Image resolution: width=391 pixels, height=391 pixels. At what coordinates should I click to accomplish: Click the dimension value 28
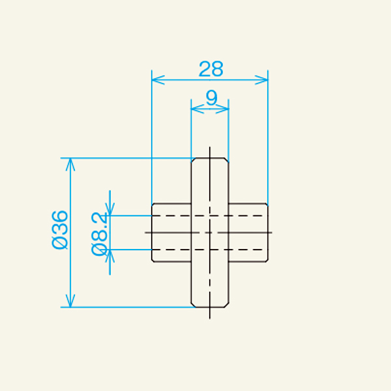(x=210, y=68)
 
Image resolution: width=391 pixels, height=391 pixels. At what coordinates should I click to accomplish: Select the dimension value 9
(x=210, y=98)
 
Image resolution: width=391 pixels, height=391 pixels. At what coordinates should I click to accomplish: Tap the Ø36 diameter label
(x=59, y=229)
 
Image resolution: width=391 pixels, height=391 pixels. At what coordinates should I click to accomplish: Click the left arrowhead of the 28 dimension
(x=156, y=80)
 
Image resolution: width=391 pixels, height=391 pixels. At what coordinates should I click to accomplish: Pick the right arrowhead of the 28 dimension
(x=264, y=80)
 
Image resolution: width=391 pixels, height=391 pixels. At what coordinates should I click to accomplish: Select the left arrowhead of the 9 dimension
(x=195, y=109)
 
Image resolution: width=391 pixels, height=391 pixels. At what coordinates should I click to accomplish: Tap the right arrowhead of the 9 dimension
(x=225, y=109)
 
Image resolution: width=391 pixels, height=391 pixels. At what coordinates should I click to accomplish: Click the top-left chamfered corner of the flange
(x=192, y=160)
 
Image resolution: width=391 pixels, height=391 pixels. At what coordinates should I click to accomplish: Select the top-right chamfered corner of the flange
(x=227, y=160)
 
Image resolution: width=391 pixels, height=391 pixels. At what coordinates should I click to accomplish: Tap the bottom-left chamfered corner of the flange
(x=192, y=304)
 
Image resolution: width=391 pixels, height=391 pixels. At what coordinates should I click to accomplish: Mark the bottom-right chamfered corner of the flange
(x=227, y=304)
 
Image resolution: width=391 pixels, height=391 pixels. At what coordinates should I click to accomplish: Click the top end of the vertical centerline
(x=210, y=147)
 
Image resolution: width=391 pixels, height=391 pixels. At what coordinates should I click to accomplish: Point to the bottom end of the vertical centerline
(x=210, y=318)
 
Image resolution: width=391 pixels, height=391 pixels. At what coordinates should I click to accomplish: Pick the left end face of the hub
(x=152, y=232)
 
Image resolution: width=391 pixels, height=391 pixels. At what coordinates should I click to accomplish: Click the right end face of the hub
(x=268, y=232)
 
